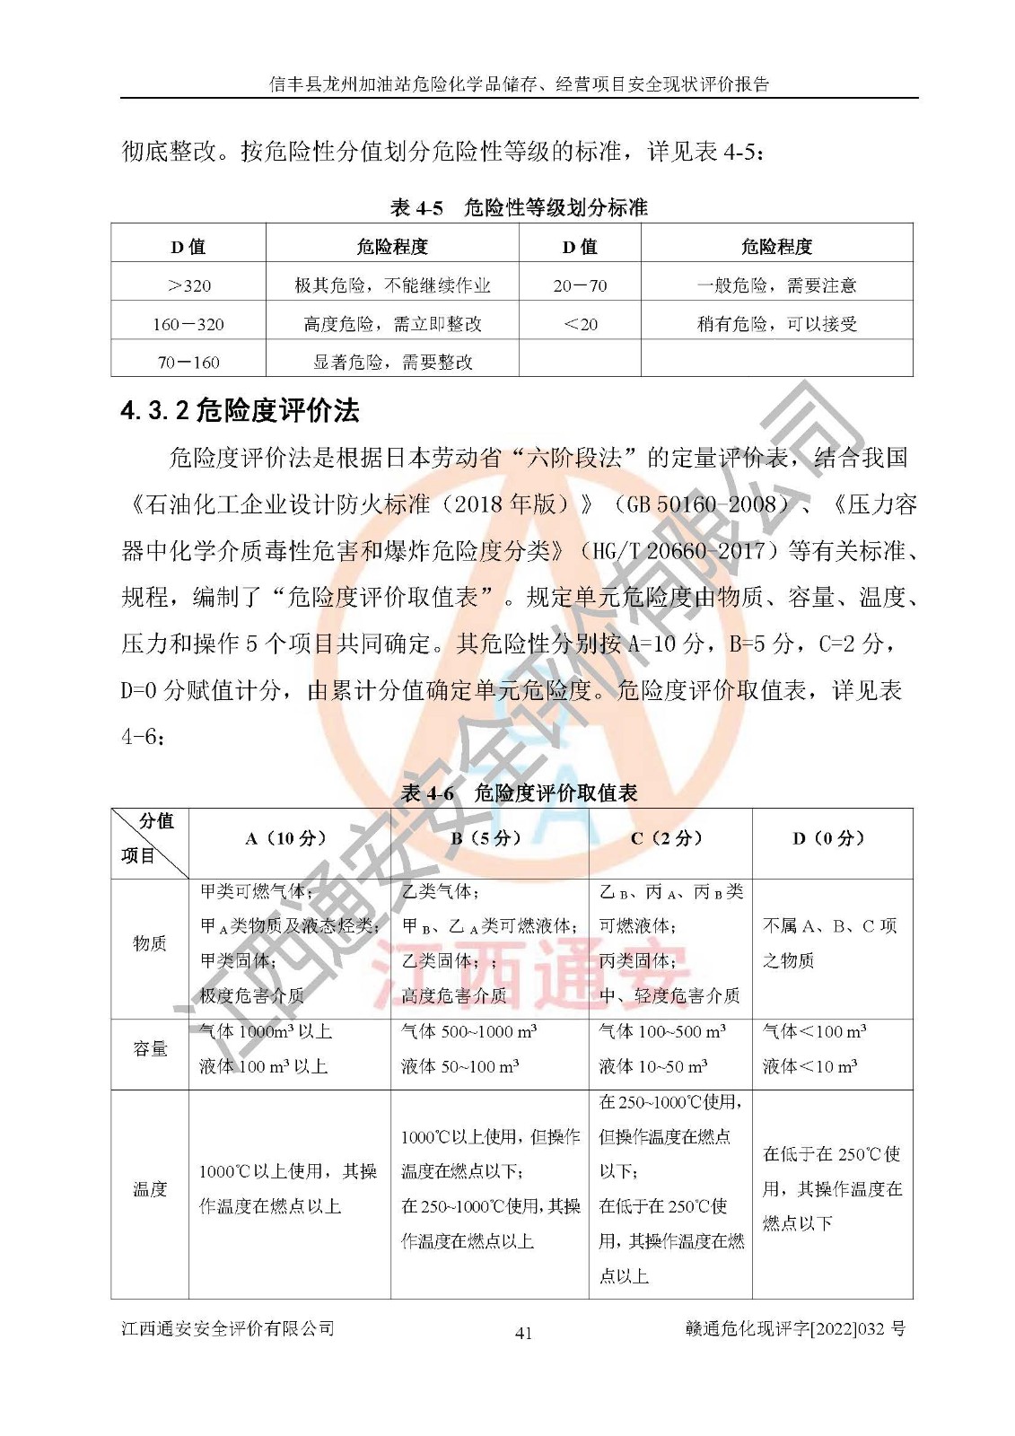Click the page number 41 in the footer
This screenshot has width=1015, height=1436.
click(x=523, y=1333)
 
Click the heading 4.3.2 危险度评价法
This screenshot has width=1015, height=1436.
click(x=240, y=411)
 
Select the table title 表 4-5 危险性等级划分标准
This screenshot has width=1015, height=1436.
click(x=519, y=208)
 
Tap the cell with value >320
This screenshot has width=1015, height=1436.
click(x=188, y=285)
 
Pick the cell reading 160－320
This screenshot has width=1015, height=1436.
click(x=188, y=324)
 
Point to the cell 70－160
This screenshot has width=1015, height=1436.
click(x=188, y=363)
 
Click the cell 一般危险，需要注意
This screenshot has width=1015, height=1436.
click(x=776, y=285)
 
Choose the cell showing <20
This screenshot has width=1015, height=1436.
click(x=580, y=324)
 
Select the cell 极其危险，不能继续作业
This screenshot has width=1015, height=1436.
click(x=392, y=285)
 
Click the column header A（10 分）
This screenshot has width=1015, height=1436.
click(x=289, y=838)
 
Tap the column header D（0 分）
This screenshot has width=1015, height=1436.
click(x=831, y=838)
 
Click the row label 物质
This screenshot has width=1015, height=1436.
click(x=150, y=942)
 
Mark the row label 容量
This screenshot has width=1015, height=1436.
click(x=150, y=1048)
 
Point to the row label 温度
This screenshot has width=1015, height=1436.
click(x=150, y=1189)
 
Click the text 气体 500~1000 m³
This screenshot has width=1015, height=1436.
click(x=468, y=1031)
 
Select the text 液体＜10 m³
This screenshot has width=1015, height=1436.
click(x=809, y=1066)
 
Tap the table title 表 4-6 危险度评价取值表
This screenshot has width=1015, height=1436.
click(x=519, y=793)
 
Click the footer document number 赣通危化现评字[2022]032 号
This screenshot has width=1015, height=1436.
click(x=794, y=1329)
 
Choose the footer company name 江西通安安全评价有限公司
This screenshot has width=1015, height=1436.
click(x=228, y=1328)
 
